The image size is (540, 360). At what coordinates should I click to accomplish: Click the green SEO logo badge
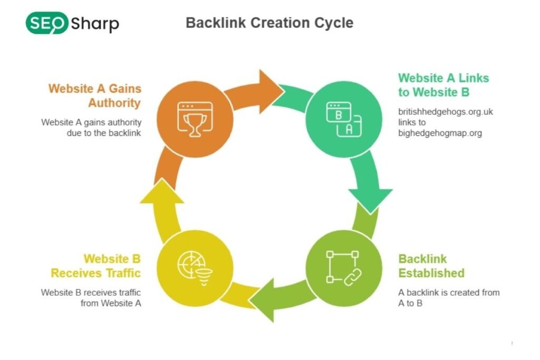46,23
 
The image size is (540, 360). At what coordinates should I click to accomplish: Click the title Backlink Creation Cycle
269,23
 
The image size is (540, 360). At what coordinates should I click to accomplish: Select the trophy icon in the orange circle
196,120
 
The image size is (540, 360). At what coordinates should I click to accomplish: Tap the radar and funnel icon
196,267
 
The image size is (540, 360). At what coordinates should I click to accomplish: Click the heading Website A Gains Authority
95,95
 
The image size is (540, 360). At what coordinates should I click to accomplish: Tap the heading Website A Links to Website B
443,84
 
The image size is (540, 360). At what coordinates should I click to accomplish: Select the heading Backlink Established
431,266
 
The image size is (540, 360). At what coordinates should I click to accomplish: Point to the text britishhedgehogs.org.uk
446,112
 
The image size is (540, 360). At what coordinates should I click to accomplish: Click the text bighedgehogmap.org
440,133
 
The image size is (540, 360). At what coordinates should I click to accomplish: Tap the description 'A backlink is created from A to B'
449,297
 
